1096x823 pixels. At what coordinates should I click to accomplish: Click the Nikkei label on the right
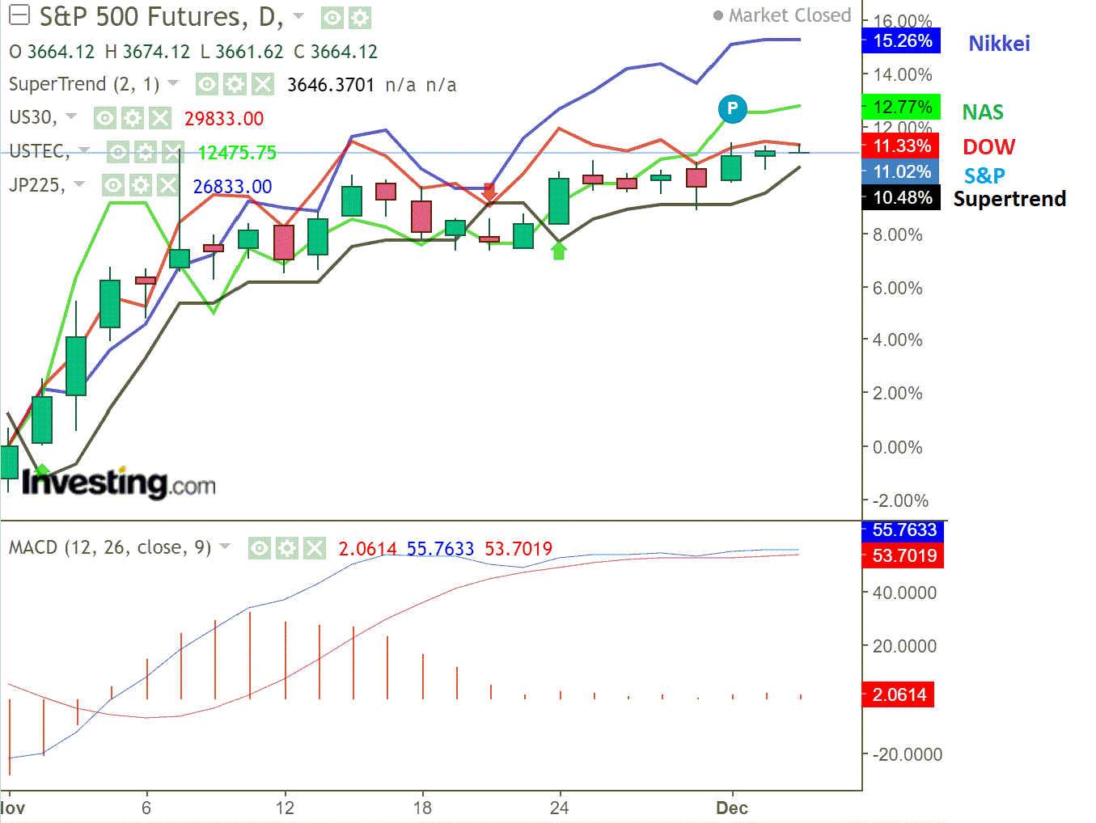pos(999,44)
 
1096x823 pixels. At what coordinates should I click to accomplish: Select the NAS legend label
pos(983,112)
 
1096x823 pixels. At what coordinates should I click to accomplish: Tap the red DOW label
pos(988,147)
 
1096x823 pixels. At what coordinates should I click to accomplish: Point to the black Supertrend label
pos(1009,199)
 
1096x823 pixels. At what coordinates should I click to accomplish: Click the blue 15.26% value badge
pos(902,41)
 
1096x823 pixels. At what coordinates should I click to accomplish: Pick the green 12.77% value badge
pos(902,107)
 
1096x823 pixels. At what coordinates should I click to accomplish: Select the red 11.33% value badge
pos(901,146)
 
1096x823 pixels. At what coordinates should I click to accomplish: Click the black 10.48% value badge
pos(902,198)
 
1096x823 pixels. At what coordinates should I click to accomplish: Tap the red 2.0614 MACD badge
pos(899,694)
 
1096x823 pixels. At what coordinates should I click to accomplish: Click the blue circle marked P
pos(732,108)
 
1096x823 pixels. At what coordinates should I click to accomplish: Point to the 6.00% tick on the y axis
pos(897,288)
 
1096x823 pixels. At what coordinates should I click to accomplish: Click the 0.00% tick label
pos(897,447)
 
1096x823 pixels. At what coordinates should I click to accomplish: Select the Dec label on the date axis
pos(732,808)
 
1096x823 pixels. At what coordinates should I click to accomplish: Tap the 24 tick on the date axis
pos(559,808)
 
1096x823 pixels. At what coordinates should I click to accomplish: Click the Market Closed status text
pos(789,15)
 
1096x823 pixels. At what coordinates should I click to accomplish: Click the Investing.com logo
pos(119,483)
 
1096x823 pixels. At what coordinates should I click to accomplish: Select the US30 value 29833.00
pos(224,119)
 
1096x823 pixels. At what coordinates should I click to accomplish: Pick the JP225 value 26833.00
pos(232,187)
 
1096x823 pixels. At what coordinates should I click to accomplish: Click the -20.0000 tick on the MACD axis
pos(907,754)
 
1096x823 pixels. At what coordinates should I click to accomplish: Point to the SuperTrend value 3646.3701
pos(331,85)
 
